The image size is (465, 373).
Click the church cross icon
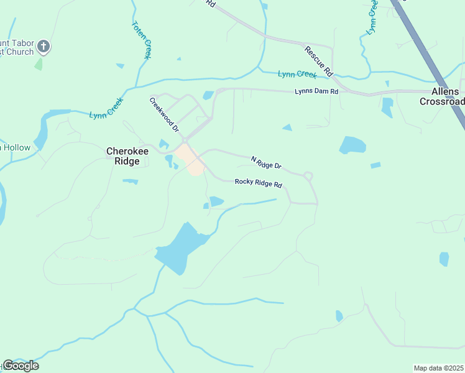click(44, 45)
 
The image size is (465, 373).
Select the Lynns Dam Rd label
click(316, 92)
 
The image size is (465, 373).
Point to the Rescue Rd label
click(319, 60)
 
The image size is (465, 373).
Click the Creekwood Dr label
click(164, 115)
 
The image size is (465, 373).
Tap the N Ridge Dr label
click(266, 163)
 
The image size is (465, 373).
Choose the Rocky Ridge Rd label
click(259, 184)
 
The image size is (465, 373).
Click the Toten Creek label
click(141, 40)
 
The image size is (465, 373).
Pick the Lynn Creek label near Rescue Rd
click(297, 75)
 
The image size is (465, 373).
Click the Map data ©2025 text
click(439, 368)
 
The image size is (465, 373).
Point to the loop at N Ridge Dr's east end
click(308, 177)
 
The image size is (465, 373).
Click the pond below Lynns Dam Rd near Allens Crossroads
click(387, 107)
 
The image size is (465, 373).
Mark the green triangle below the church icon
click(39, 63)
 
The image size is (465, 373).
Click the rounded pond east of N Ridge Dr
click(352, 145)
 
